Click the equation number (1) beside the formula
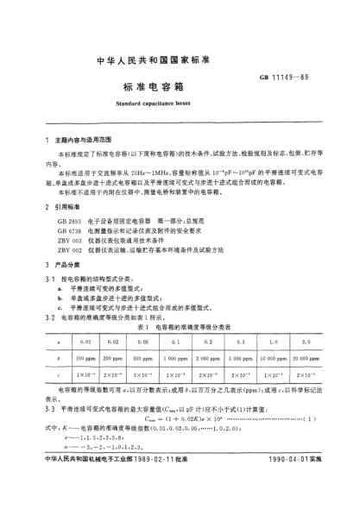(306, 396)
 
